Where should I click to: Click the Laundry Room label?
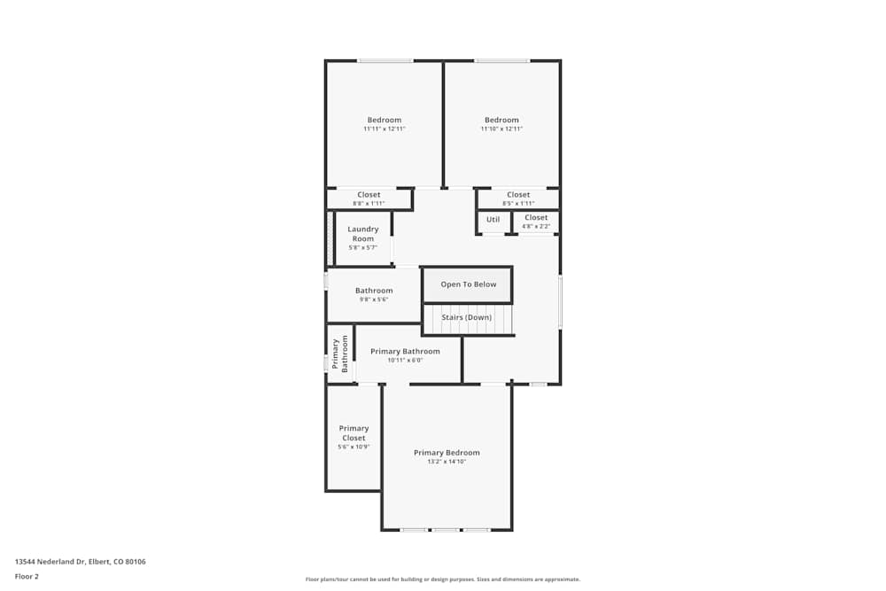(x=362, y=234)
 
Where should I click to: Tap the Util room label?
(x=493, y=220)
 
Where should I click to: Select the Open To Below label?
(x=469, y=284)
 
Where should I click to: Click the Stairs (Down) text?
(x=466, y=317)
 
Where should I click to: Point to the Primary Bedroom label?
(x=447, y=453)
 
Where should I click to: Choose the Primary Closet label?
(x=354, y=433)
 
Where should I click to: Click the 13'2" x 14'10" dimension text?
(x=447, y=462)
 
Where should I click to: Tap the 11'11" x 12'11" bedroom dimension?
(x=385, y=129)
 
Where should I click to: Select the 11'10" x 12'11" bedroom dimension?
(x=501, y=129)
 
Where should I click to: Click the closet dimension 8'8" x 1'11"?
(x=369, y=204)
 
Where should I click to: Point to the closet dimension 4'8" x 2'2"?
(x=535, y=227)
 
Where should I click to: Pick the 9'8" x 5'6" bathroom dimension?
(x=374, y=299)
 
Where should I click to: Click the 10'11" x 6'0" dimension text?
(x=405, y=361)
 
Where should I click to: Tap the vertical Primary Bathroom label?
(x=340, y=353)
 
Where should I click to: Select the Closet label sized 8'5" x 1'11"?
(x=518, y=195)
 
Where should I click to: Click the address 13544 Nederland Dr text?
(x=81, y=562)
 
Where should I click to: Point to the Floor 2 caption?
(x=27, y=576)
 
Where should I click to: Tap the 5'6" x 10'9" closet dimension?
(x=354, y=447)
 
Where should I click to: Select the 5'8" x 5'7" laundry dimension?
(x=362, y=248)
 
